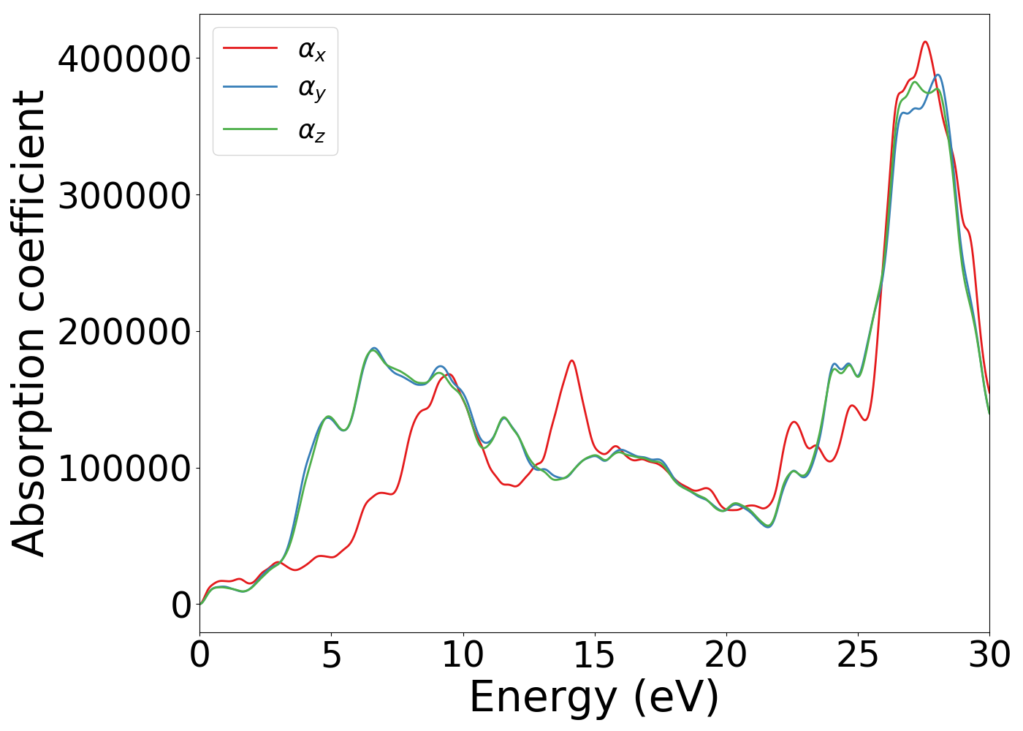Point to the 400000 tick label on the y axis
(x=124, y=59)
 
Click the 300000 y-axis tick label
(x=124, y=196)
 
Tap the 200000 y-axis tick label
(x=124, y=332)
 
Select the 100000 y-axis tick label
(x=124, y=469)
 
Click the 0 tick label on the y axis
(x=181, y=605)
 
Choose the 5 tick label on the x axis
(x=332, y=655)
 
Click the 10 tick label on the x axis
(x=463, y=655)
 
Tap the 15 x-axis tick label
(x=595, y=655)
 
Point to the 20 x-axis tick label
(x=726, y=655)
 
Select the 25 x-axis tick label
(x=858, y=655)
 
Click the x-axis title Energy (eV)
(x=594, y=698)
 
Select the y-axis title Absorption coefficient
(x=29, y=323)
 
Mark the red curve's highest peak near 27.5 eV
(x=925, y=42)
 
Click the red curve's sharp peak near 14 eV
(x=571, y=360)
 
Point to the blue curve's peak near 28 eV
(x=938, y=75)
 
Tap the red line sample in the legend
(x=250, y=48)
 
